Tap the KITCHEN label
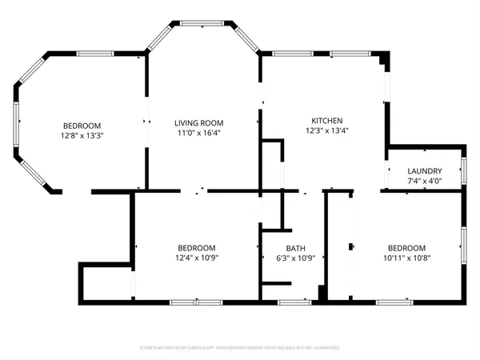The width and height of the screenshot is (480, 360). pyautogui.click(x=328, y=120)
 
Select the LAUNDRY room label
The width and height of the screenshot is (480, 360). pyautogui.click(x=425, y=171)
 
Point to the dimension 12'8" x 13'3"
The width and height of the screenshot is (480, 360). pyautogui.click(x=82, y=135)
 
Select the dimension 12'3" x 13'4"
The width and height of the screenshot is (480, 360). pyautogui.click(x=328, y=130)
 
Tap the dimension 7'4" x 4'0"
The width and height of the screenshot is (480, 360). pyautogui.click(x=425, y=182)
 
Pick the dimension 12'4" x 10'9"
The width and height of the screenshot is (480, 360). pyautogui.click(x=196, y=258)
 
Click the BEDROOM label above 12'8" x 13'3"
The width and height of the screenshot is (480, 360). pyautogui.click(x=82, y=125)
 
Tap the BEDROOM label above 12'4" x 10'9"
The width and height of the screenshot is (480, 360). pyautogui.click(x=196, y=248)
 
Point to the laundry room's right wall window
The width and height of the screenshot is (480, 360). pyautogui.click(x=464, y=171)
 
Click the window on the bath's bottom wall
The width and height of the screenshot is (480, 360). pyautogui.click(x=294, y=302)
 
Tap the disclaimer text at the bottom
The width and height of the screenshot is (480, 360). pyautogui.click(x=239, y=348)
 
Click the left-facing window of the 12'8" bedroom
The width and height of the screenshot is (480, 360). pyautogui.click(x=15, y=125)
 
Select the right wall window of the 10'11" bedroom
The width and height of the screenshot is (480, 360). pyautogui.click(x=464, y=245)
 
